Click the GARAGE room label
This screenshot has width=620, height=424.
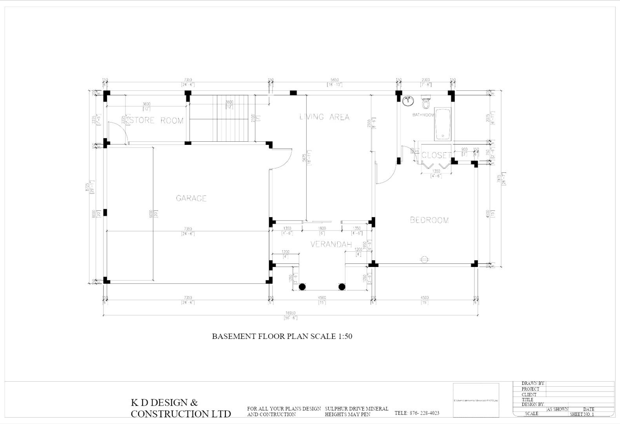[x=191, y=198]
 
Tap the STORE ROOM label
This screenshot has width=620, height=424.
[x=156, y=120]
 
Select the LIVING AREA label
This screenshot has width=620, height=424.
[x=324, y=117]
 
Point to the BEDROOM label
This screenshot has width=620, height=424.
[x=429, y=220]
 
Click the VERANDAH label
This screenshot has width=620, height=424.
[x=331, y=244]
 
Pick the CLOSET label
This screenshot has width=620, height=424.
[x=435, y=155]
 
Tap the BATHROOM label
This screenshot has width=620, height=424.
[x=423, y=115]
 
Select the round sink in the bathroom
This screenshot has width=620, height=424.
[x=408, y=101]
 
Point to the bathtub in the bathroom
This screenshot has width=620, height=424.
[x=443, y=124]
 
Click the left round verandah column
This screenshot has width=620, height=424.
[x=302, y=287]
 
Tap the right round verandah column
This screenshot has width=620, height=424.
[x=342, y=287]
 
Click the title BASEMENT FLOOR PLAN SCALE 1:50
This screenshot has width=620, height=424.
[x=282, y=336]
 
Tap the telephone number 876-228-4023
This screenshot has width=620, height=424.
[x=417, y=413]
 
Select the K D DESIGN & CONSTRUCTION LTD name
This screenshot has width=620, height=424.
[x=180, y=408]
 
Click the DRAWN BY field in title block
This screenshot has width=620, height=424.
[x=533, y=383]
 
